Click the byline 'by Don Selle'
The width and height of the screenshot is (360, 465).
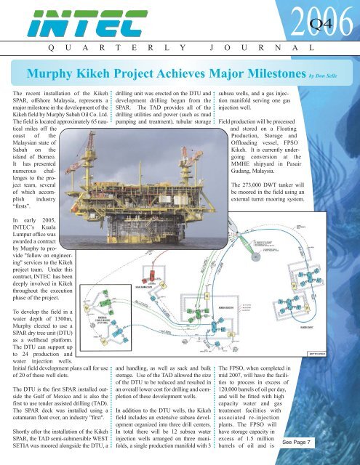tap(330, 74)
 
